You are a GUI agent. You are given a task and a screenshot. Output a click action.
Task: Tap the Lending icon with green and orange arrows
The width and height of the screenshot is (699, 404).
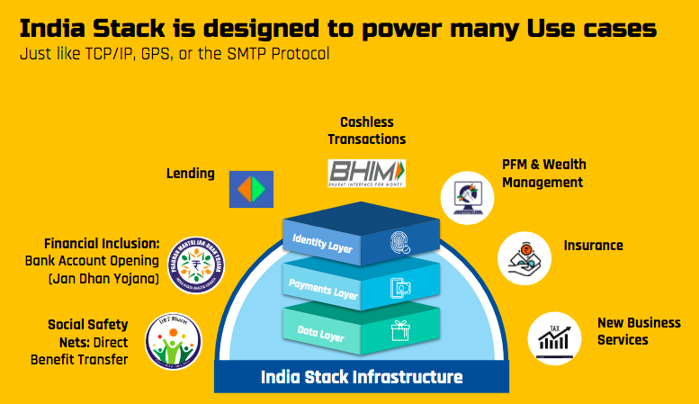coord(251,188)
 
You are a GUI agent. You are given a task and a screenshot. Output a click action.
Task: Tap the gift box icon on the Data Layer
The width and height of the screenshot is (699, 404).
coord(399,332)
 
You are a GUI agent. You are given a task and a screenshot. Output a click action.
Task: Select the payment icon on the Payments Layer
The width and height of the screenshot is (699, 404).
coord(399,288)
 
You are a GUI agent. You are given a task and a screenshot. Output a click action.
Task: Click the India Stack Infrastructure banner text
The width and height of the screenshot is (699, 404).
coord(362,376)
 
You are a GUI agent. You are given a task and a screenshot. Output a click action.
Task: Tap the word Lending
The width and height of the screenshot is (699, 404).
coord(190,173)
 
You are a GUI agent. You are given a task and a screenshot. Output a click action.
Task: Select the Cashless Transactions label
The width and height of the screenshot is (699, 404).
coord(366,130)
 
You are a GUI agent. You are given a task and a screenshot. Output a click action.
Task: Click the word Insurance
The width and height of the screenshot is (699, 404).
coord(593,246)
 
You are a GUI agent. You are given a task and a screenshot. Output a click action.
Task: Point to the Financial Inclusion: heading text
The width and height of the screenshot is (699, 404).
coord(102,244)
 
